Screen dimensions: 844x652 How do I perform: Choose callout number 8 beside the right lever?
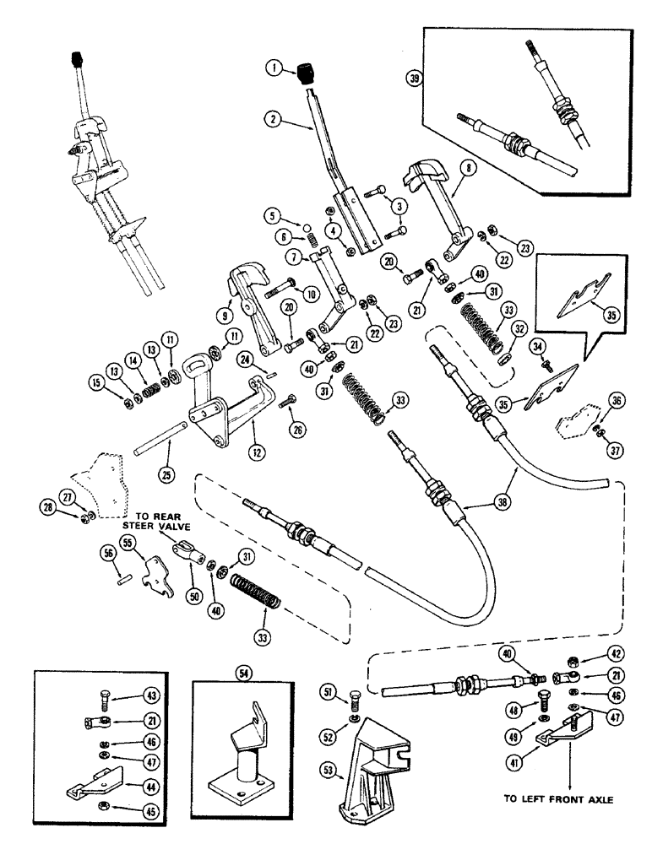click(472, 168)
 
